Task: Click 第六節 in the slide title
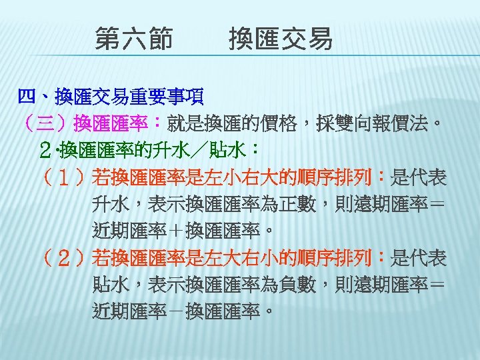tap(133, 39)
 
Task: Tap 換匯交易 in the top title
tap(280, 39)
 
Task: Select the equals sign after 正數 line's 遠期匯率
tap(436, 204)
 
